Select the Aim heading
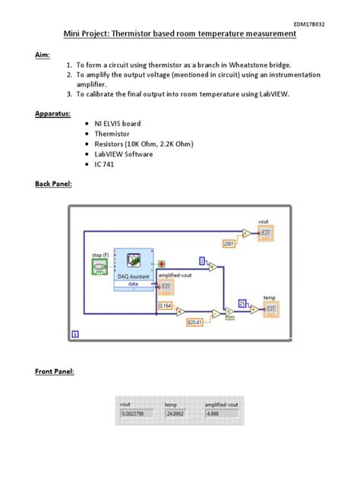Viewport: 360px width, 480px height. (44, 56)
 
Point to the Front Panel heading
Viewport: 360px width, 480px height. (55, 371)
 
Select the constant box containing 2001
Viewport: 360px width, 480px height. (229, 243)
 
